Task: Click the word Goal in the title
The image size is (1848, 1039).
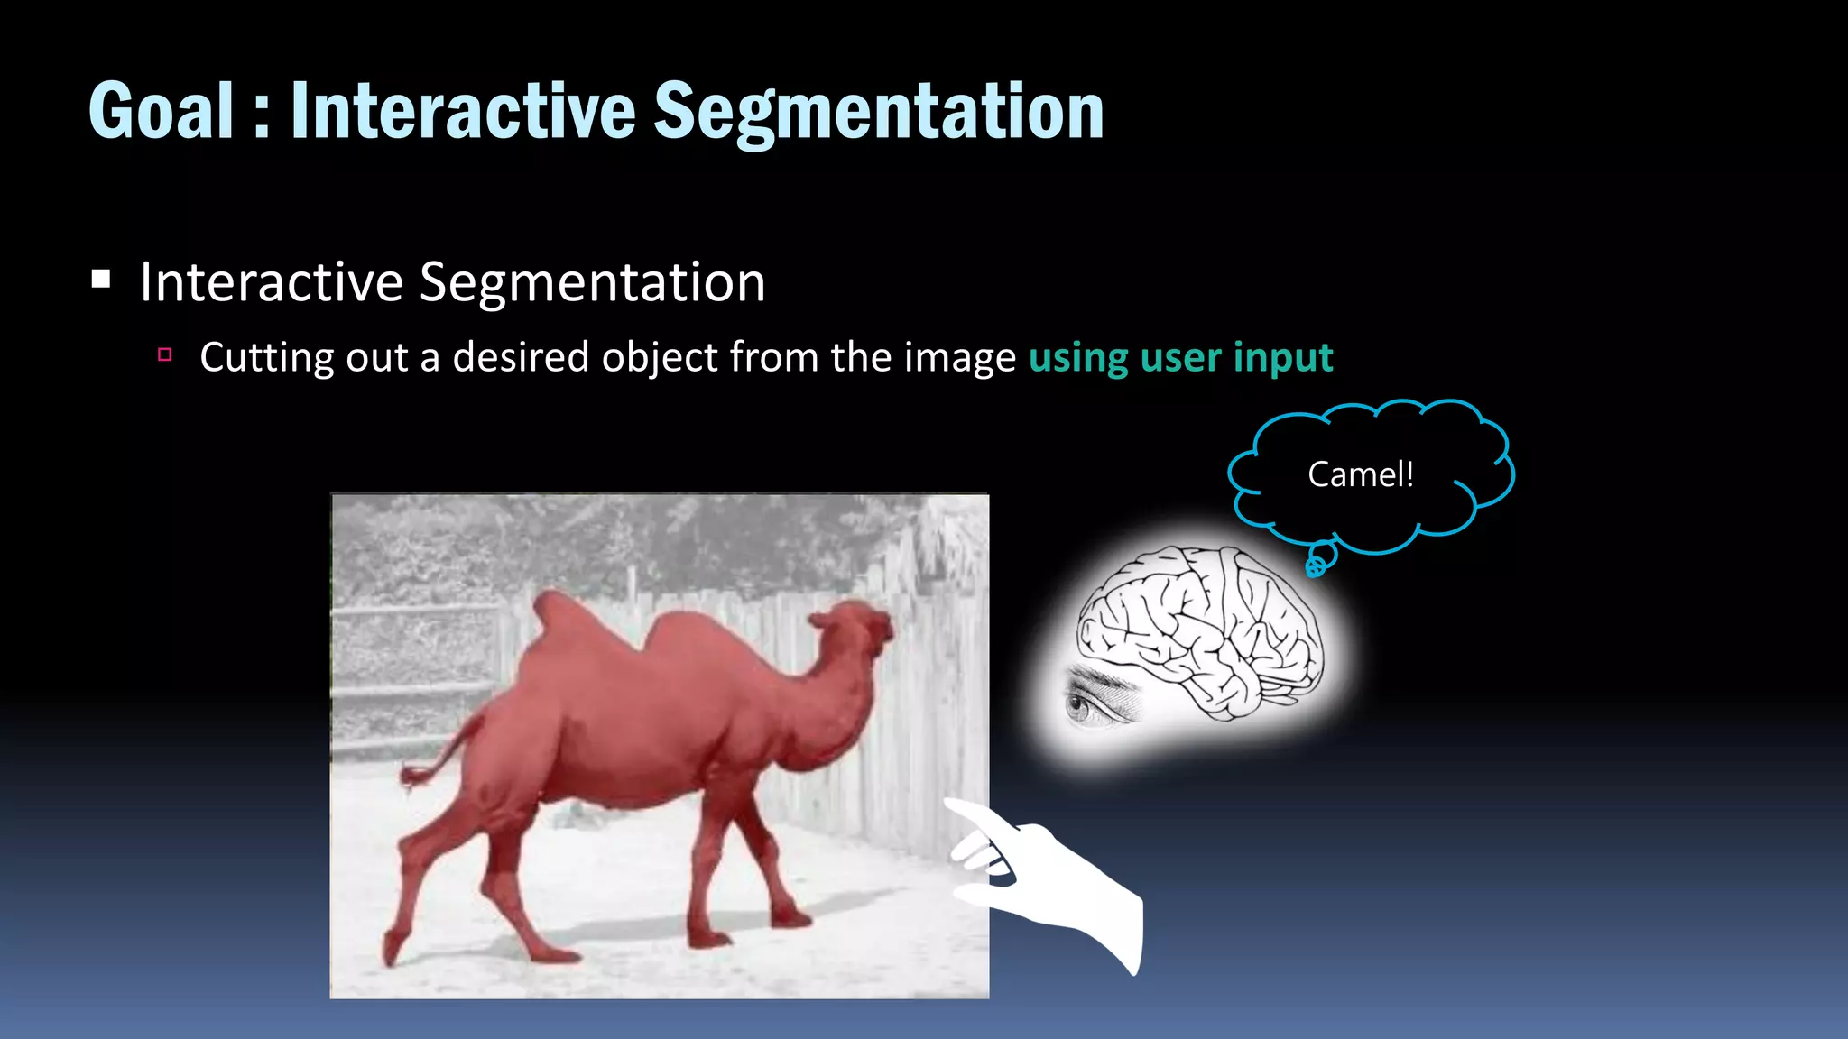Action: tap(162, 111)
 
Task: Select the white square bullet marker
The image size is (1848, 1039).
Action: tap(101, 280)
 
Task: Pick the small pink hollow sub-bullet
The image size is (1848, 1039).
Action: tap(164, 354)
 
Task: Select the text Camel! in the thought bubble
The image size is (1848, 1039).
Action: tap(1360, 474)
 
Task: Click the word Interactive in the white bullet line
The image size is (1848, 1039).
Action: tap(272, 282)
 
